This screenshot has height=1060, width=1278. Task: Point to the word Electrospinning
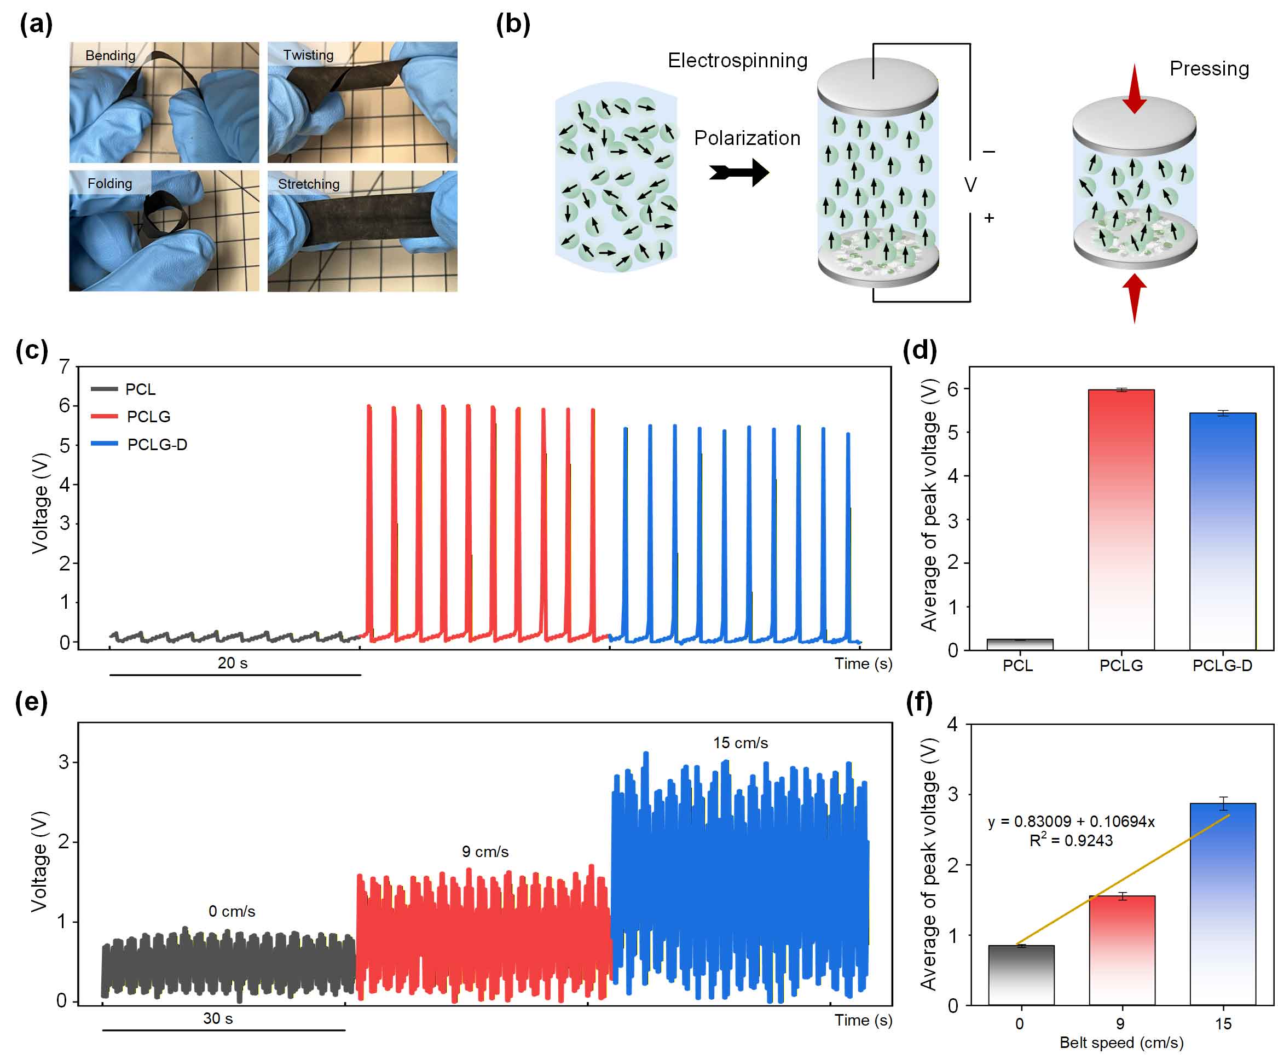pyautogui.click(x=738, y=61)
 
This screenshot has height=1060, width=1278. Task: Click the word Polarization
pyautogui.click(x=747, y=138)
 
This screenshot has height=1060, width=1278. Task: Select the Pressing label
pyautogui.click(x=1208, y=69)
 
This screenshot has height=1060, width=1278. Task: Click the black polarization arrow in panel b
pyautogui.click(x=739, y=173)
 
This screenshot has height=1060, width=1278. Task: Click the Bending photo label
pyautogui.click(x=110, y=55)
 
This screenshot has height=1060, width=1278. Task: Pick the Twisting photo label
pyautogui.click(x=308, y=55)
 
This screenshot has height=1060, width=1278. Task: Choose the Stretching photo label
pyautogui.click(x=309, y=184)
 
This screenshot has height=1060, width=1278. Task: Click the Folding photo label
pyautogui.click(x=109, y=183)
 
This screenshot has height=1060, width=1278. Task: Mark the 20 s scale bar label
pyautogui.click(x=233, y=663)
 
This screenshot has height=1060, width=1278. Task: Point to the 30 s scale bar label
pyautogui.click(x=218, y=1018)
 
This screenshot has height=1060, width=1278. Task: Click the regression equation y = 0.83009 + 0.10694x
pyautogui.click(x=1071, y=822)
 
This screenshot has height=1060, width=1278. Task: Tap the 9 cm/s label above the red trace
pyautogui.click(x=485, y=852)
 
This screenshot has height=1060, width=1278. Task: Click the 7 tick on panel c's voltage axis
pyautogui.click(x=65, y=366)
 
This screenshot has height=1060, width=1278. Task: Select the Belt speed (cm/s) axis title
pyautogui.click(x=1121, y=1042)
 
